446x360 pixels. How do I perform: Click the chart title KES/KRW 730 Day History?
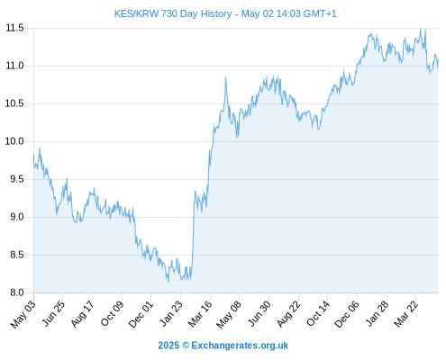173,13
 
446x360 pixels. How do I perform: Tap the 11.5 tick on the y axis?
14,28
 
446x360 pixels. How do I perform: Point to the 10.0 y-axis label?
14,141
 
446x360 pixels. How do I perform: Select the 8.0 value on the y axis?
17,292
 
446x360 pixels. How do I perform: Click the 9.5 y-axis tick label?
17,179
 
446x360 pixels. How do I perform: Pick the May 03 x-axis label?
23,314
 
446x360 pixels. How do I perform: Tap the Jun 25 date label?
53,314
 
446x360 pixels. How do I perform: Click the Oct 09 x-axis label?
112,314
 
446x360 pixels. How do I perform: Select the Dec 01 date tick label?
141,314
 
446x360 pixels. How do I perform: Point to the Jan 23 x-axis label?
171,314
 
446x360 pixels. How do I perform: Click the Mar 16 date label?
200,314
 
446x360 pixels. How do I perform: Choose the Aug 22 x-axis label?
288,314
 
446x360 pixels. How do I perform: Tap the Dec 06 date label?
347,314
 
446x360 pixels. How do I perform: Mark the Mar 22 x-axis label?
405,314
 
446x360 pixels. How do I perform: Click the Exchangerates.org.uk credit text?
240,346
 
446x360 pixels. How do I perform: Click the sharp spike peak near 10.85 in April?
225,77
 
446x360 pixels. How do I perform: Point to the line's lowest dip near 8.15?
168,282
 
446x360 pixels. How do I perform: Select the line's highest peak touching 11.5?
420,29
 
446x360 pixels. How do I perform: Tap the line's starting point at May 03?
33,155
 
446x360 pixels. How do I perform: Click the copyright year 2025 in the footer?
168,346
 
